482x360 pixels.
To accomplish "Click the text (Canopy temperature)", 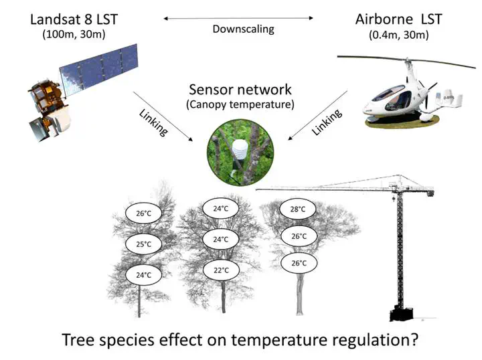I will pyautogui.click(x=240, y=104).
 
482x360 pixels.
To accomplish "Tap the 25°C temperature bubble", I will pyautogui.click(x=144, y=244).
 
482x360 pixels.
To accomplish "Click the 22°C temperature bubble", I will pyautogui.click(x=221, y=270).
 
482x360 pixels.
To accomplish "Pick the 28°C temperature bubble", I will pyautogui.click(x=299, y=209).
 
